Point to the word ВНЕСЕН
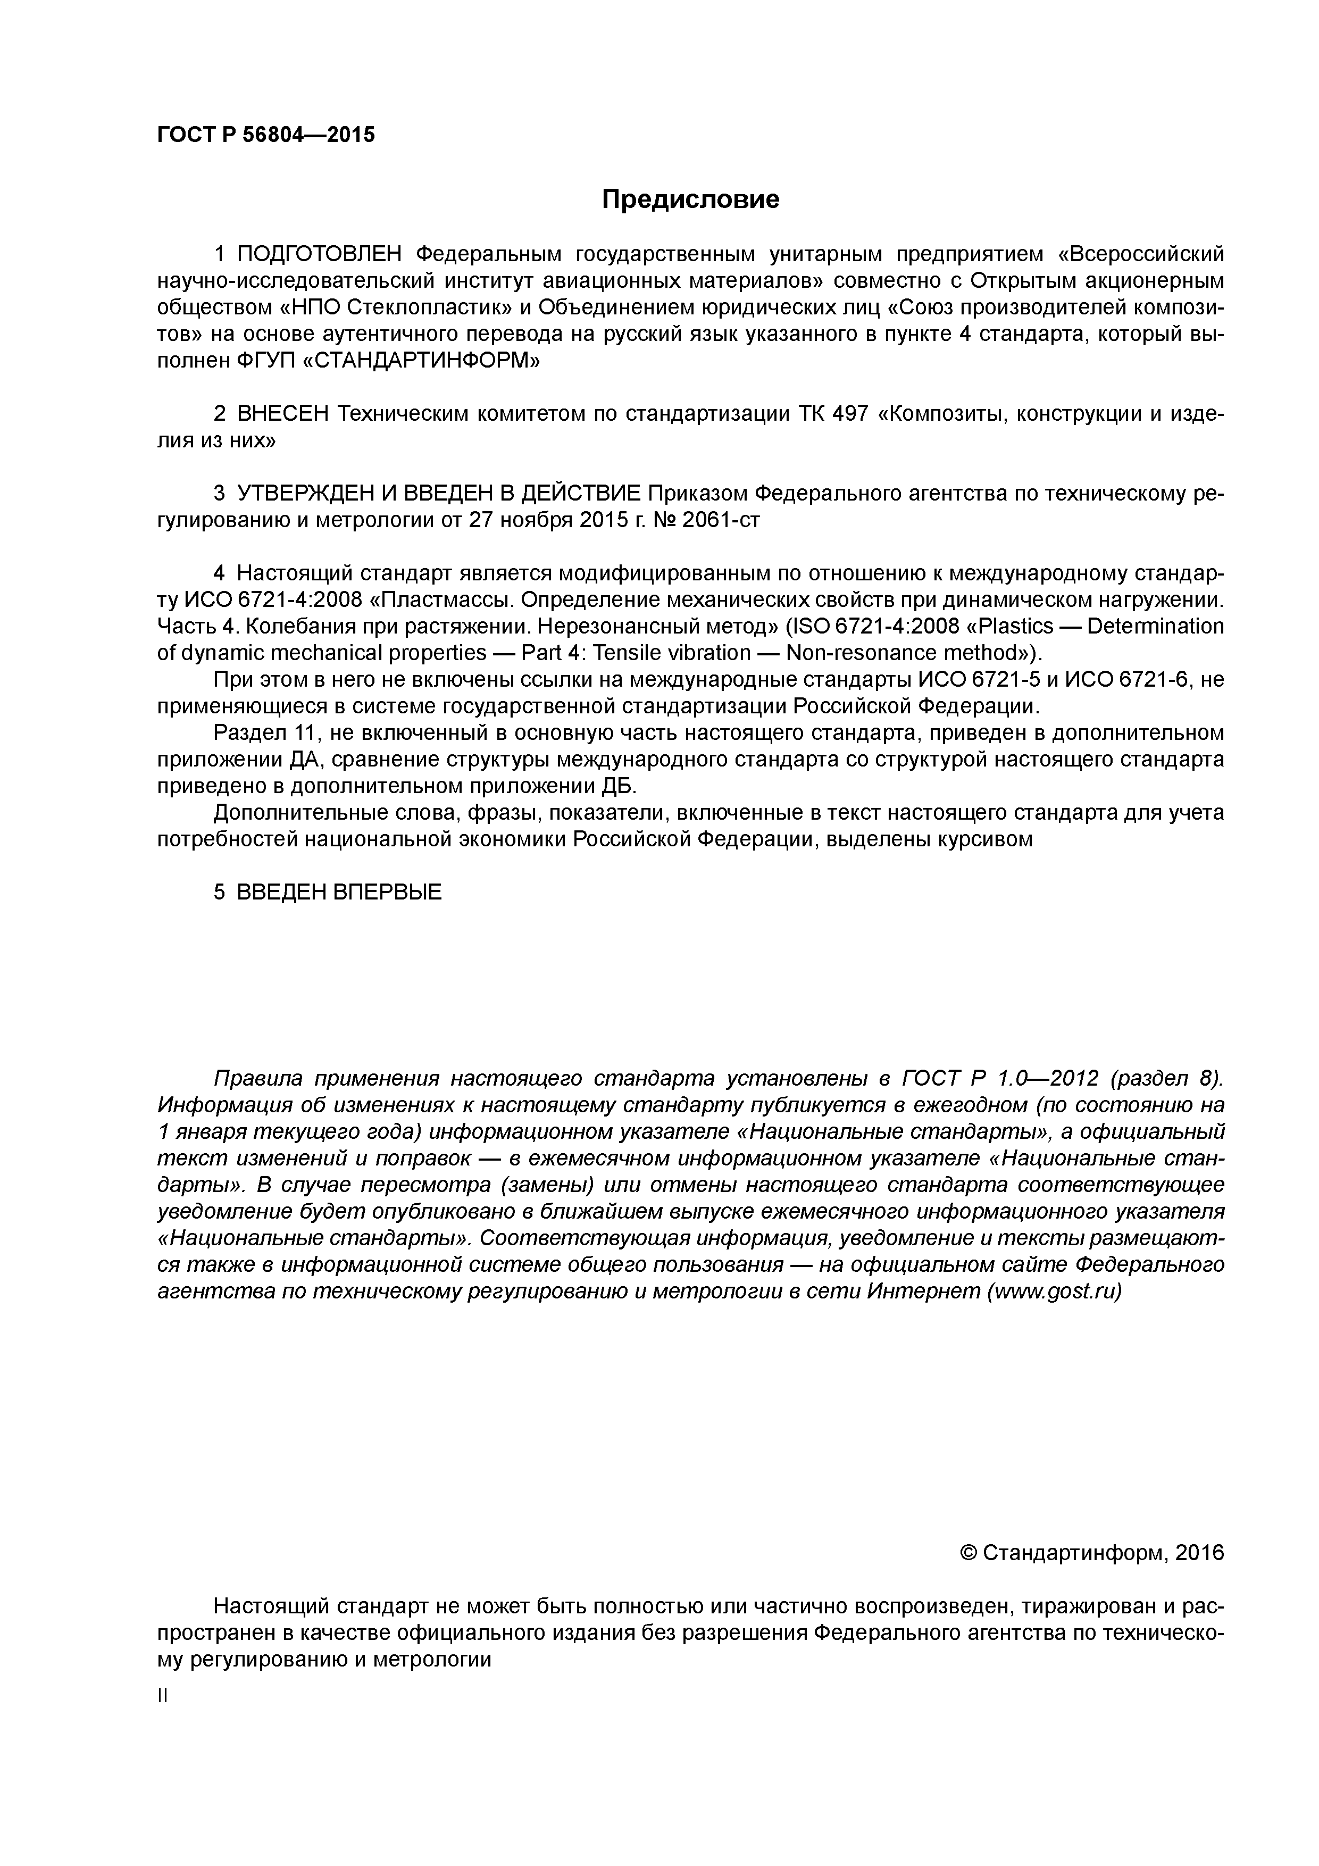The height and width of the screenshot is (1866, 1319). pos(283,414)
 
